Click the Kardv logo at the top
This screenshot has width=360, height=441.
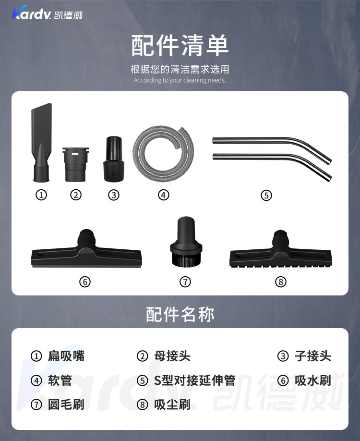pyautogui.click(x=47, y=13)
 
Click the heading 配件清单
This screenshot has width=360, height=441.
pyautogui.click(x=180, y=45)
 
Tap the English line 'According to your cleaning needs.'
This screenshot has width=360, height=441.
pyautogui.click(x=180, y=80)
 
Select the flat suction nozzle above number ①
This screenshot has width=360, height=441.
pyautogui.click(x=42, y=142)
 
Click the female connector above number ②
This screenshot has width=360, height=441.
pyautogui.click(x=75, y=164)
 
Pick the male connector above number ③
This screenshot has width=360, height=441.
pyautogui.click(x=114, y=159)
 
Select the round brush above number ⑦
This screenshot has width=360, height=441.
pyautogui.click(x=186, y=241)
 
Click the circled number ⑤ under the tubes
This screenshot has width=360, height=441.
pyautogui.click(x=266, y=195)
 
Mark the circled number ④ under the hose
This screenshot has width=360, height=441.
pyautogui.click(x=164, y=195)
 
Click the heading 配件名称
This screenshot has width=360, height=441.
pyautogui.click(x=180, y=314)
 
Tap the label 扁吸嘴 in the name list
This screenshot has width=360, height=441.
pyautogui.click(x=66, y=356)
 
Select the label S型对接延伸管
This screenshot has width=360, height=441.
pyautogui.click(x=195, y=380)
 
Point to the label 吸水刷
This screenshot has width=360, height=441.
pyautogui.click(x=313, y=380)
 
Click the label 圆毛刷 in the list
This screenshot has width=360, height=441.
pyautogui.click(x=66, y=404)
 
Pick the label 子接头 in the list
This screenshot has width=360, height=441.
pyautogui.click(x=313, y=356)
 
